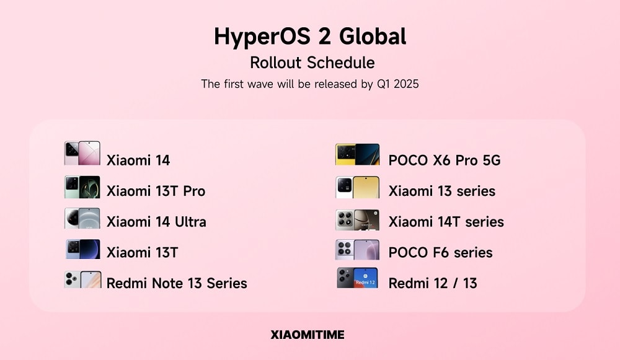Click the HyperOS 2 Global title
point(310,37)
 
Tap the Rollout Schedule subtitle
point(312,63)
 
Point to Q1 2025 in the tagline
point(397,84)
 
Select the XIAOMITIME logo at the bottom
point(308,335)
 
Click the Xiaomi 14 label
point(138,160)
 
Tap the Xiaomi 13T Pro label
point(156,191)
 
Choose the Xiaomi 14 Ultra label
point(156,222)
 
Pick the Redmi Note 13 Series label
point(177,283)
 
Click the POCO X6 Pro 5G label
point(444,160)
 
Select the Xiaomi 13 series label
point(441,191)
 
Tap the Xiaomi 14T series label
point(446,222)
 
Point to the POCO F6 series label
point(440,253)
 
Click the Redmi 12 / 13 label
point(432,283)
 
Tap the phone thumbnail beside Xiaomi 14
point(82,153)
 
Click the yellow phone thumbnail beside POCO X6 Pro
point(357,154)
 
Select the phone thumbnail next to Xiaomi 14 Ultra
point(82,219)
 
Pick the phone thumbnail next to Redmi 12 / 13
point(357,278)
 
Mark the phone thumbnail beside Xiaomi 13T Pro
point(82,187)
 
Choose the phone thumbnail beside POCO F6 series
point(357,250)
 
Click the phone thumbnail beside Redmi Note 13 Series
point(82,279)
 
